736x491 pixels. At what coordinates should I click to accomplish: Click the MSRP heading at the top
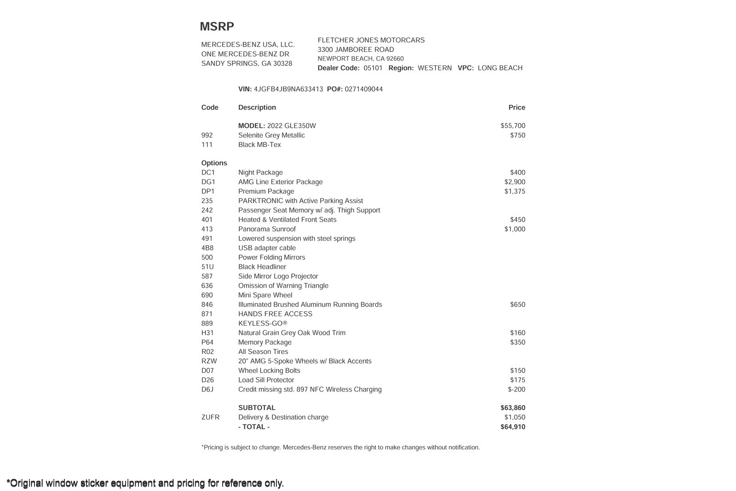point(217,27)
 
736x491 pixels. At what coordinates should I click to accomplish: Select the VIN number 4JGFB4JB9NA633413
point(288,89)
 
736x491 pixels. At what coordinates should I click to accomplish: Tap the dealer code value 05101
point(373,68)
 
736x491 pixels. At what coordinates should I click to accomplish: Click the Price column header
point(517,108)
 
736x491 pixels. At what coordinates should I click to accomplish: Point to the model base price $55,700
point(513,126)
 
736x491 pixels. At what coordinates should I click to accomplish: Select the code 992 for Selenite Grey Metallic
point(207,135)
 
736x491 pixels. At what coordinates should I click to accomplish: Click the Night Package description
point(260,173)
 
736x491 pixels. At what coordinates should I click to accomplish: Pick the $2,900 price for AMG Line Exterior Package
point(515,182)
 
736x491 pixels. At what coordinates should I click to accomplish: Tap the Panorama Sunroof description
point(267,229)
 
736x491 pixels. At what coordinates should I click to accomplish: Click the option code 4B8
point(207,248)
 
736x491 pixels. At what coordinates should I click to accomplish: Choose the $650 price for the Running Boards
point(517,305)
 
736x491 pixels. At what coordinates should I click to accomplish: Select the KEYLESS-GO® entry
point(263,323)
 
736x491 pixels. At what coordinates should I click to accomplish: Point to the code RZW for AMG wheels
point(209,361)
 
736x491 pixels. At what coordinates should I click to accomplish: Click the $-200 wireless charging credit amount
point(517,390)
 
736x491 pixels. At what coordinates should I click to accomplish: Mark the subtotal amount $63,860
point(513,408)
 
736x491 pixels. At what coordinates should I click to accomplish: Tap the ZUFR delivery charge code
point(210,417)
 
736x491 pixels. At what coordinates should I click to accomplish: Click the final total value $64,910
point(513,427)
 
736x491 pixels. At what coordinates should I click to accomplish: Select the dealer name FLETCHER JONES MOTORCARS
point(371,40)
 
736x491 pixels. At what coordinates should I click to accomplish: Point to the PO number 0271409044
point(363,89)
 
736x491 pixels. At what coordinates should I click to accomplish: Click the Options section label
point(214,163)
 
